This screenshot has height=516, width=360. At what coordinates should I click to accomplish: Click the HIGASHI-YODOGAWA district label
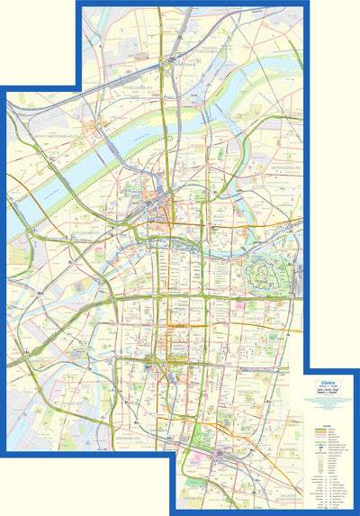click(209, 51)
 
